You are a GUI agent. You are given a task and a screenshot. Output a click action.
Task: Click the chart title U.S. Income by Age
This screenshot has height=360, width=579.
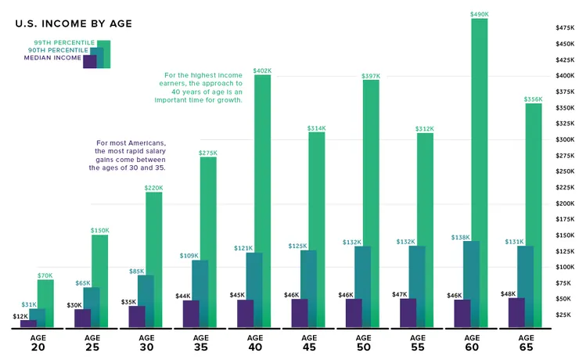point(74,24)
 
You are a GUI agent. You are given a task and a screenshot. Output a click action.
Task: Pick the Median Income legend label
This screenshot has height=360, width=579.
point(52,58)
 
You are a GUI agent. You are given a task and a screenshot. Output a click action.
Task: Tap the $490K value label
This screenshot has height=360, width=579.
point(479,13)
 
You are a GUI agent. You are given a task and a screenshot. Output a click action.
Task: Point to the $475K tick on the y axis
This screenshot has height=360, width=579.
point(563,27)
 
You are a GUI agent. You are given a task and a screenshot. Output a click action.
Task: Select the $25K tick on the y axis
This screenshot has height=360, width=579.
point(562,315)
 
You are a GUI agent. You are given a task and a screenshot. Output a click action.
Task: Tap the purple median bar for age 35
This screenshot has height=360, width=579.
point(191,313)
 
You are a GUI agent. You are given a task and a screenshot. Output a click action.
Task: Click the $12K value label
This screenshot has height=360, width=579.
point(20,315)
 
